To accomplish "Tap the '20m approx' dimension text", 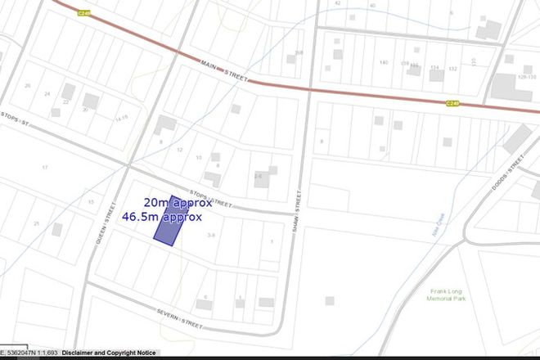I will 178,202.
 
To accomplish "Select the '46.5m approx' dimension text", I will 161,217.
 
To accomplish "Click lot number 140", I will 383,62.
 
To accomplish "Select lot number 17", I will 46,168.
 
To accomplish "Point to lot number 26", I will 28,85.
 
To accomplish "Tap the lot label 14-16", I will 122,118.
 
